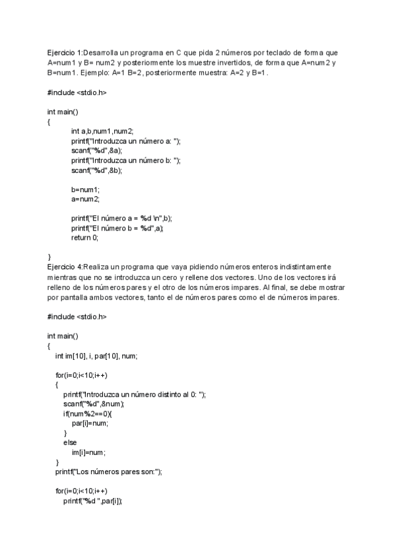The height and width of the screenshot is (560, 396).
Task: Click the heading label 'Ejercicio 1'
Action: pos(65,52)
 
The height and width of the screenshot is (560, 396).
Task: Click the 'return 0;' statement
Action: pos(85,237)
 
